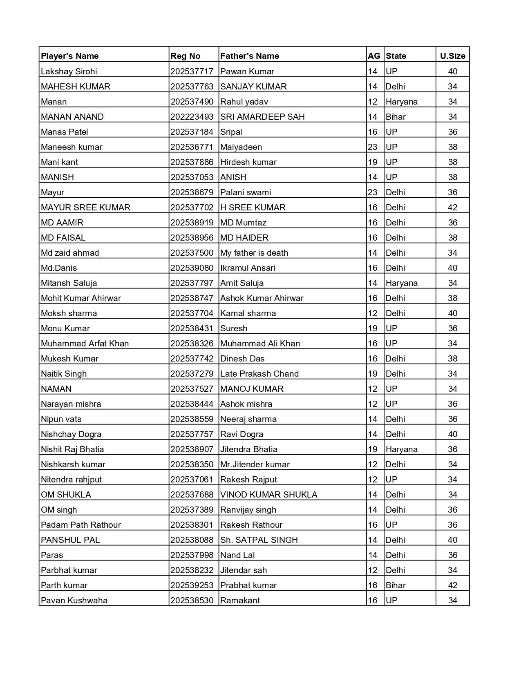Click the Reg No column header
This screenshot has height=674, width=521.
(186, 56)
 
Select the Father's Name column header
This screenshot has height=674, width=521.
(250, 56)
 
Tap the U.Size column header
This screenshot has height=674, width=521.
(452, 56)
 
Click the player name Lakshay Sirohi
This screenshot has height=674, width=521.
(69, 71)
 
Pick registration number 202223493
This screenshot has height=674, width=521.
(192, 117)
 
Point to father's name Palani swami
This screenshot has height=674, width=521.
(246, 192)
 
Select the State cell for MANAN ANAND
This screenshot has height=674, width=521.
(396, 117)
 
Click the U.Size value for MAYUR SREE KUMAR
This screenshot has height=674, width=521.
(452, 208)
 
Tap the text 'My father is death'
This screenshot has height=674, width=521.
(254, 253)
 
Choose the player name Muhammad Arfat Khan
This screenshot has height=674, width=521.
(85, 344)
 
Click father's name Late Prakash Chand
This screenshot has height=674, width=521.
(259, 374)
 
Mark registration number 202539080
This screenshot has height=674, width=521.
(192, 268)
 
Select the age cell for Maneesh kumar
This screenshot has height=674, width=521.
(373, 147)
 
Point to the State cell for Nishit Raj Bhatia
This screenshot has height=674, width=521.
(401, 449)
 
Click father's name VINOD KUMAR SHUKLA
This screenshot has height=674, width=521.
(269, 495)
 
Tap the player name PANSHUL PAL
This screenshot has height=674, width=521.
(70, 540)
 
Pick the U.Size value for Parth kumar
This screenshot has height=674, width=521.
(452, 585)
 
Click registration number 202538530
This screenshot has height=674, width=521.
(192, 600)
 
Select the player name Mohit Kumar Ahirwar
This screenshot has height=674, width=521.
(81, 298)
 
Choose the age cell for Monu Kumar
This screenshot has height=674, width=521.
(373, 328)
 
